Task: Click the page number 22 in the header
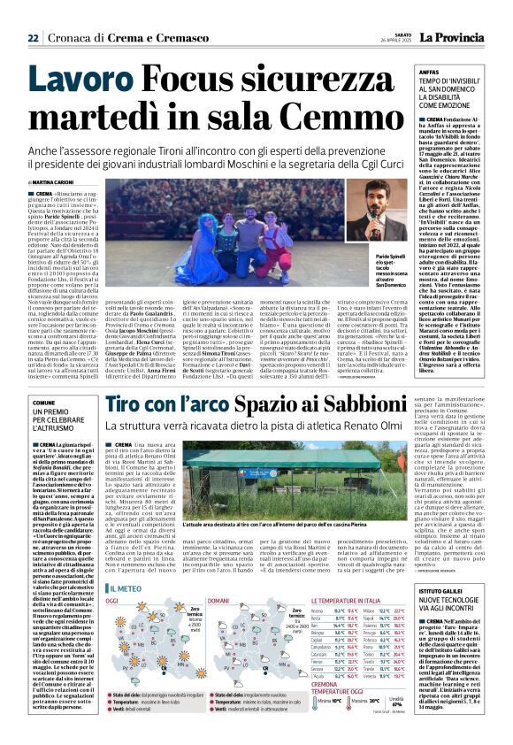pos(33,37)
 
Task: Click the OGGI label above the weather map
pos(114,602)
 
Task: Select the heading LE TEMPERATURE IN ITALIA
pos(358,602)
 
